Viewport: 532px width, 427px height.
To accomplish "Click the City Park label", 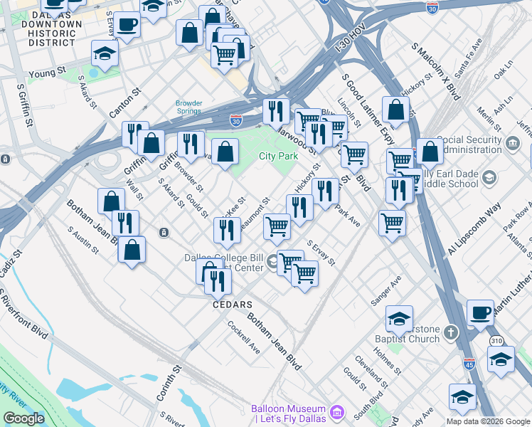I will pyautogui.click(x=277, y=156).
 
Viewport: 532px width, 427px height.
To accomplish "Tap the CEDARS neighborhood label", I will pyautogui.click(x=233, y=305).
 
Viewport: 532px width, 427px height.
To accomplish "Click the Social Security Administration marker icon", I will pyautogui.click(x=512, y=144).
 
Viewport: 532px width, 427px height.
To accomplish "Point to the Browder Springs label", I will pyautogui.click(x=189, y=107).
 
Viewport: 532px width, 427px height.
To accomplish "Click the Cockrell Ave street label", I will pyautogui.click(x=243, y=337).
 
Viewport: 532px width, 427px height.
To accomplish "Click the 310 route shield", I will pyautogui.click(x=497, y=342).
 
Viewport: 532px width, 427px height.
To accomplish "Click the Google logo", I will pyautogui.click(x=23, y=418).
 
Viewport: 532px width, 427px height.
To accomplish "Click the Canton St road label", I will pyautogui.click(x=125, y=103).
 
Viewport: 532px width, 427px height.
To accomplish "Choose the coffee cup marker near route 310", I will pyautogui.click(x=481, y=312).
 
